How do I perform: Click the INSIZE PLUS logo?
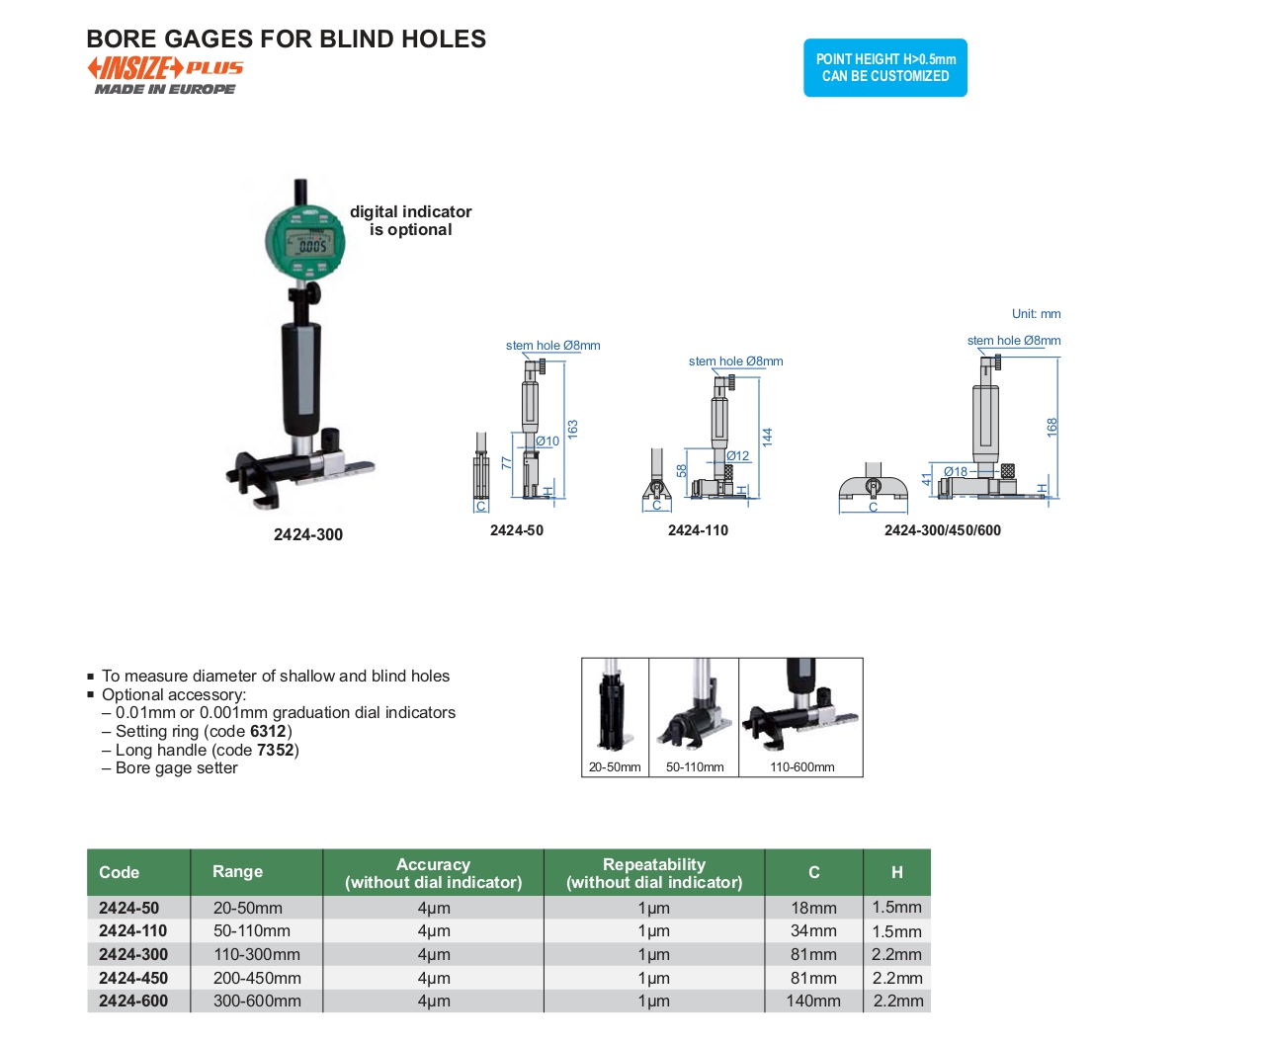pos(165,69)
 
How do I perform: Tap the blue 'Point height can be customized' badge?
pos(884,67)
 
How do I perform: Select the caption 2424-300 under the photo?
pos(308,534)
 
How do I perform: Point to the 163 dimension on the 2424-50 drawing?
pos(572,429)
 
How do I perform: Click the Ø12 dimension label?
pos(738,456)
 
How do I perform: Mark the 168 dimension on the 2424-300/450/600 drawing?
pos(1052,427)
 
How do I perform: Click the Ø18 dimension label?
pos(956,471)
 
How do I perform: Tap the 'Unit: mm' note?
pos(1036,314)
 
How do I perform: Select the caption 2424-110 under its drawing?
pos(698,530)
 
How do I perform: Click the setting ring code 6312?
pos(268,732)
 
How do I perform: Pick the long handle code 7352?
pos(275,751)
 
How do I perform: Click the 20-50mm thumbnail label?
pos(615,767)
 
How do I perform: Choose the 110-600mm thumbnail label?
pos(801,767)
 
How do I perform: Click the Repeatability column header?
pos(654,873)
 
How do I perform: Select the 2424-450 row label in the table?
pos(133,978)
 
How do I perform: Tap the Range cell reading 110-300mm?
pos(257,955)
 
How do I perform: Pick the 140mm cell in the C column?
pos(813,1002)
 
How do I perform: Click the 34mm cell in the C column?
pos(813,931)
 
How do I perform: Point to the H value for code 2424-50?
pos(896,908)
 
